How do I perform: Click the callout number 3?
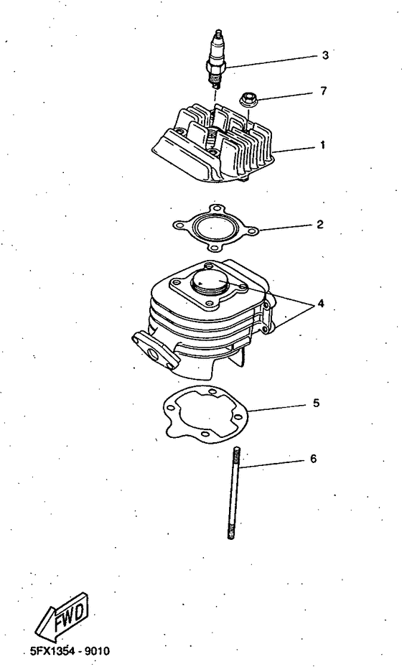click(x=324, y=55)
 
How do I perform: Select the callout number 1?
click(x=323, y=145)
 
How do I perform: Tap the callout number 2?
click(x=319, y=225)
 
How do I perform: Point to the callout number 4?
click(x=321, y=303)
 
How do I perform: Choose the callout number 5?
click(x=316, y=404)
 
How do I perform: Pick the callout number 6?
click(x=312, y=457)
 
